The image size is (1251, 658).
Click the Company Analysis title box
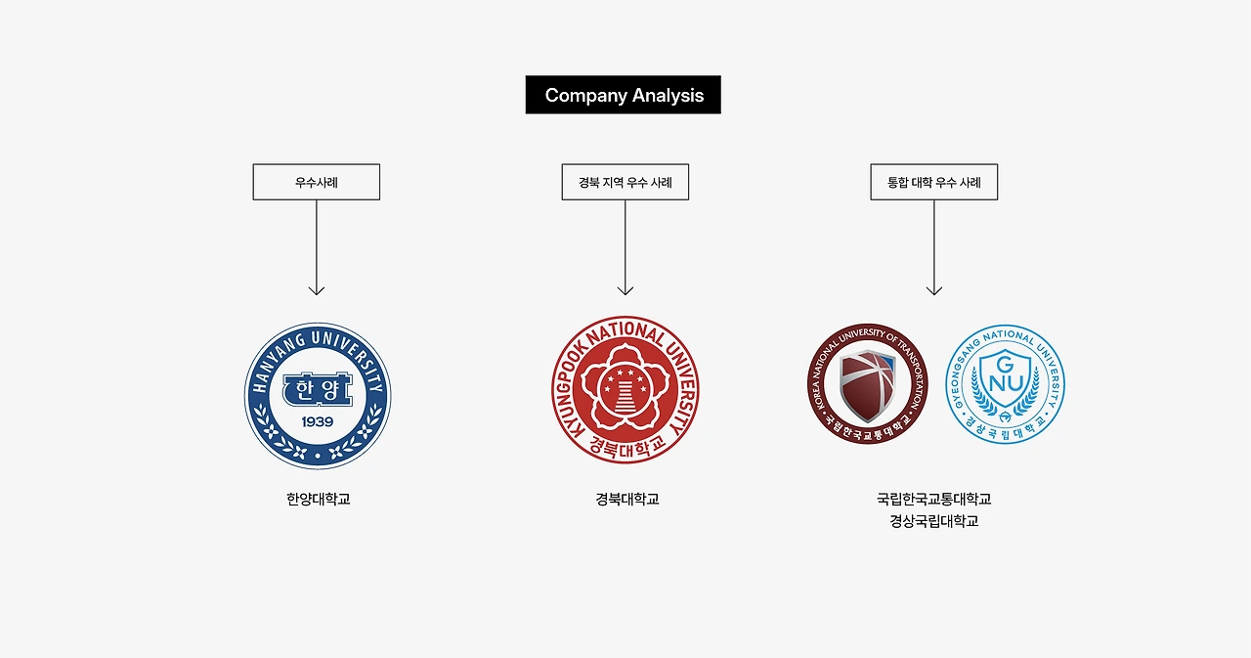[623, 95]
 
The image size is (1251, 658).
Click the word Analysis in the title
[668, 96]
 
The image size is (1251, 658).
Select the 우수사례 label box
[316, 182]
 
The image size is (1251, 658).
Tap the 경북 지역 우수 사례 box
[625, 182]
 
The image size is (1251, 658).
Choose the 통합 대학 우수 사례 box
[933, 182]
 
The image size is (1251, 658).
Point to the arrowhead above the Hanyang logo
[316, 289]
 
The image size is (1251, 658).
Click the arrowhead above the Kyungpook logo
[625, 289]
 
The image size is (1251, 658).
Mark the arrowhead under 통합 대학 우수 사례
[934, 289]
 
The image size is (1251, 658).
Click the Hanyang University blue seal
[318, 396]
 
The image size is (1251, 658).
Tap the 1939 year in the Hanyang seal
[318, 421]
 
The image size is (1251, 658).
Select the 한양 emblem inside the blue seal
[318, 389]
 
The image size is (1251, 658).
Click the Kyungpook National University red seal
[625, 389]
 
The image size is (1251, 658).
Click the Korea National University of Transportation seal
[866, 384]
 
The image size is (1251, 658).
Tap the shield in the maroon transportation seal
[867, 383]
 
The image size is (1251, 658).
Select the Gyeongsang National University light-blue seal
[1005, 384]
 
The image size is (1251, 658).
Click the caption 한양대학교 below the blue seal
[318, 499]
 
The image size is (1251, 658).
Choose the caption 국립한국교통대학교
[933, 499]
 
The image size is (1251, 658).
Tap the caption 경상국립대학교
[933, 521]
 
